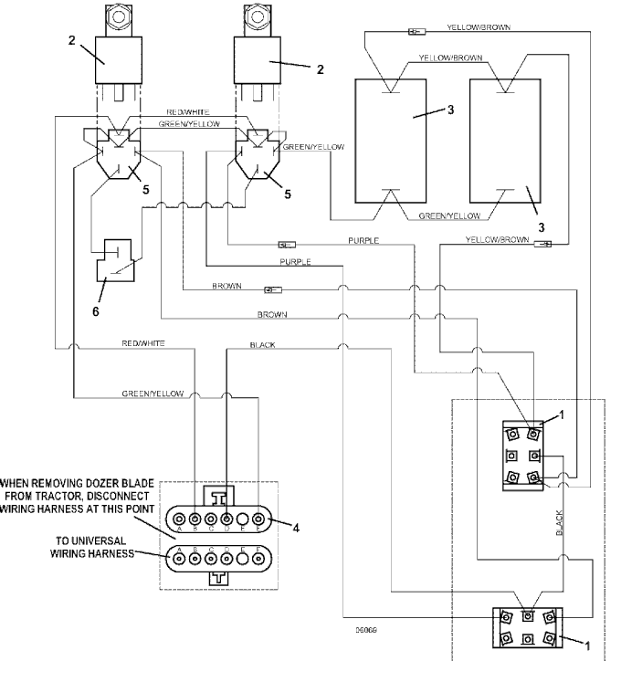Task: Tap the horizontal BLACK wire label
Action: coord(263,346)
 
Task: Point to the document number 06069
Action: coord(367,629)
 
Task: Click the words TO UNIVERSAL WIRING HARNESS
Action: coord(88,547)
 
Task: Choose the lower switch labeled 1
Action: coord(527,629)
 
